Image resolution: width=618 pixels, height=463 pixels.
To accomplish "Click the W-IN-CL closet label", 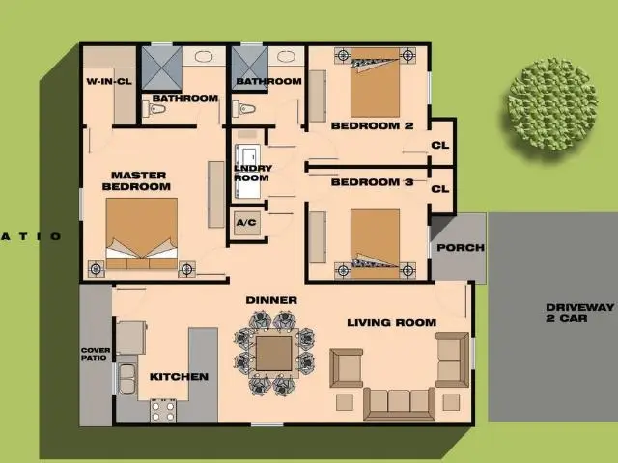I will click(x=109, y=81).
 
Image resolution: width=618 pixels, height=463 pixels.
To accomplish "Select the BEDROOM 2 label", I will click(x=372, y=126).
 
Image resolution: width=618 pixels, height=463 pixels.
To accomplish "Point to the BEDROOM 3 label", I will click(x=372, y=182).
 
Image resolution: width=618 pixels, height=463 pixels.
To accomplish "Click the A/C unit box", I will click(x=245, y=223).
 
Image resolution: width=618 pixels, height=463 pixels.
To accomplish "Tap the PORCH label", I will click(x=460, y=248).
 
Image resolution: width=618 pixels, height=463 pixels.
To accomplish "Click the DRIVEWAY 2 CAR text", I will click(x=579, y=313).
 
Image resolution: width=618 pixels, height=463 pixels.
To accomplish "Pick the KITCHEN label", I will click(x=179, y=376).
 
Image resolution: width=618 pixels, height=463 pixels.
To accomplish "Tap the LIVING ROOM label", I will click(x=391, y=323).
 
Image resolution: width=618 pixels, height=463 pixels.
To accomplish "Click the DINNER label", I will click(x=271, y=300).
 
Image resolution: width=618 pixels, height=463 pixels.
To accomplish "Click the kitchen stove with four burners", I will click(x=163, y=409).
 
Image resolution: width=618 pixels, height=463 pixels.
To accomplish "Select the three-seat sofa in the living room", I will click(x=399, y=402).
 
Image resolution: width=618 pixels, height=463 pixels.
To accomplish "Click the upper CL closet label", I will click(x=440, y=146).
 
